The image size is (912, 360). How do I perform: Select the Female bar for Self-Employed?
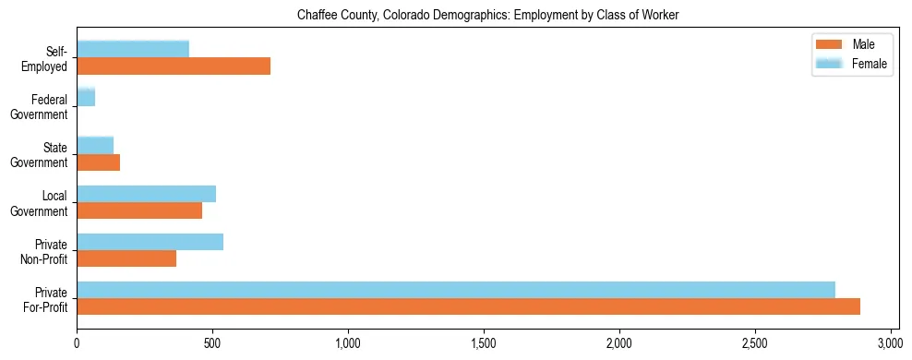coord(133,49)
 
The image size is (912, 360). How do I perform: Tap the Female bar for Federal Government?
coord(86,97)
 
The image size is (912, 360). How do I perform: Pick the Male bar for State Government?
coord(99,162)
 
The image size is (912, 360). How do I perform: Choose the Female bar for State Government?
coord(95,145)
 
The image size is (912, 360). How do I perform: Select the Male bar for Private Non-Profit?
coord(126,258)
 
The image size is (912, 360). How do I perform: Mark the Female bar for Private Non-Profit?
coord(150,242)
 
